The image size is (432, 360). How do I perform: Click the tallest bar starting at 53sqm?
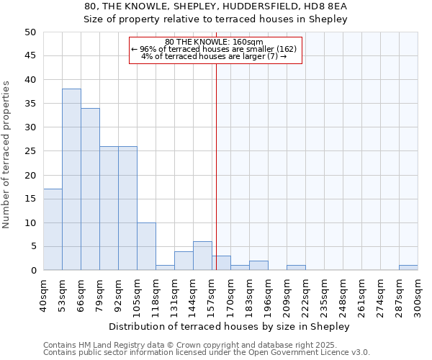(71, 179)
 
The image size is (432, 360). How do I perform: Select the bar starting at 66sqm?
(90, 189)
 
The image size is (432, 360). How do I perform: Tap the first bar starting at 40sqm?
(53, 229)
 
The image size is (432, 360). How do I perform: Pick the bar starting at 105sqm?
(146, 246)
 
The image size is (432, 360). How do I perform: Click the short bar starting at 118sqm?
(165, 268)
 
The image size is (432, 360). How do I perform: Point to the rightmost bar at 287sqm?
(408, 268)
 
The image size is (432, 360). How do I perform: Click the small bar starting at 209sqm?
(296, 268)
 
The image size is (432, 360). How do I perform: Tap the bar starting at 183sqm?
(258, 266)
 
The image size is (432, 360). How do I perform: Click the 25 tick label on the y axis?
(30, 151)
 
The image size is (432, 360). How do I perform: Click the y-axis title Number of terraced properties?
(7, 154)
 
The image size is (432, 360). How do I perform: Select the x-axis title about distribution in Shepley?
(230, 326)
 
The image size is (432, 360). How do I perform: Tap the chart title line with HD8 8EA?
(215, 6)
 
